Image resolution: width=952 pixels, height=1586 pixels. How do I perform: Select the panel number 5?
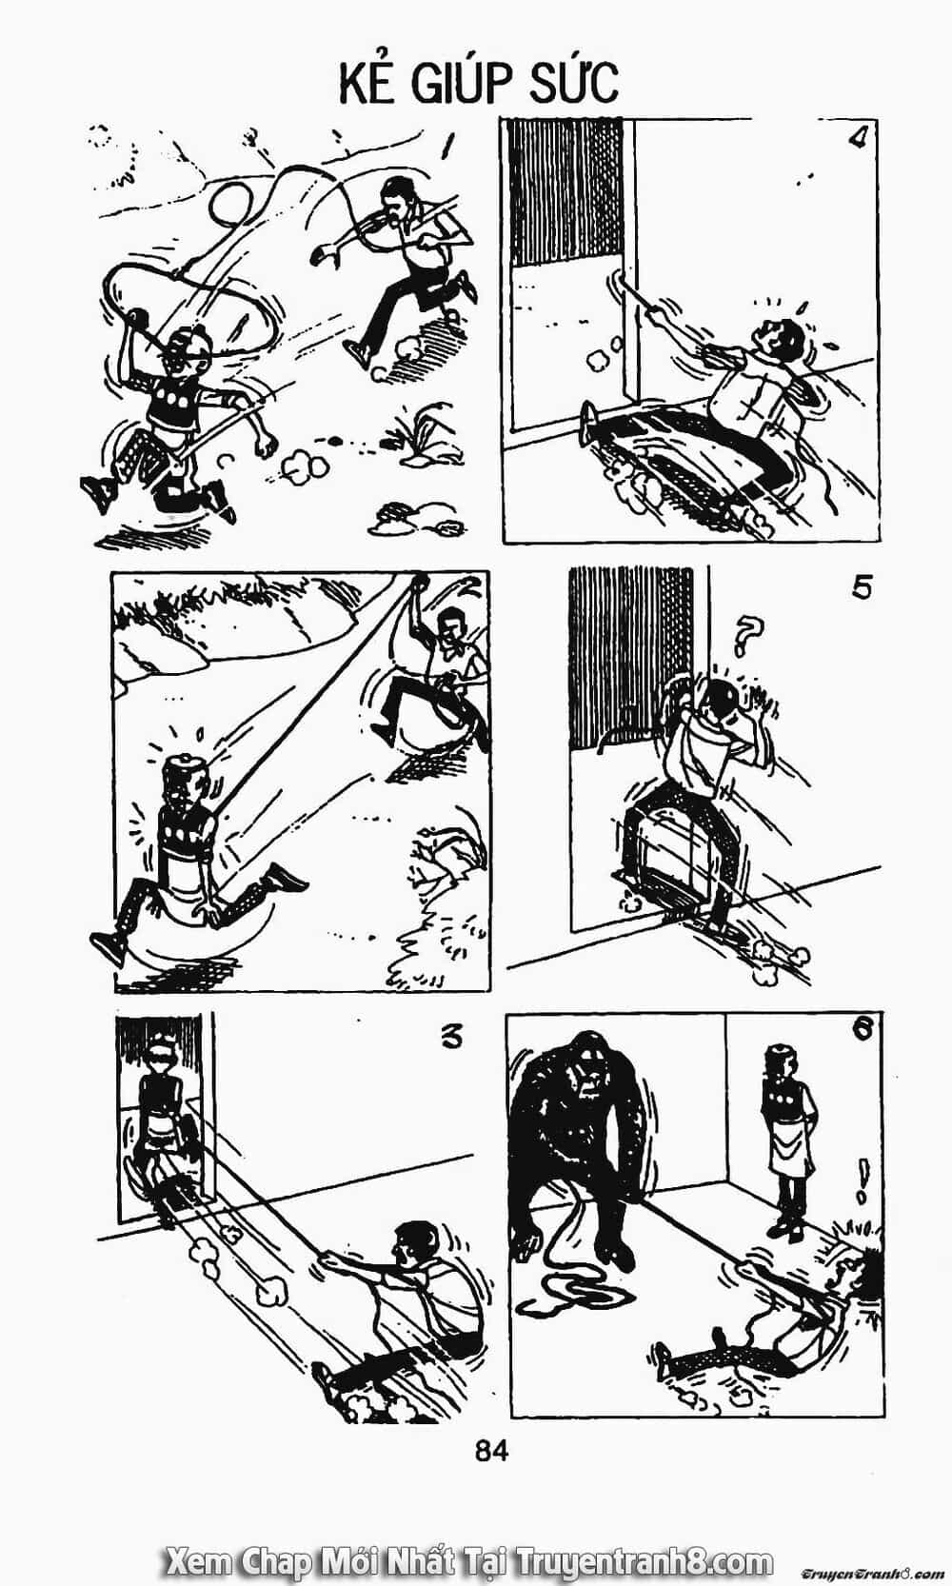[x=862, y=587]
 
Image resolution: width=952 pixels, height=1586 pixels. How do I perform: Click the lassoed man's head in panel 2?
[x=186, y=779]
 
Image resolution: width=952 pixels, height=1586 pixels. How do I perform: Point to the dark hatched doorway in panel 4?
[x=566, y=192]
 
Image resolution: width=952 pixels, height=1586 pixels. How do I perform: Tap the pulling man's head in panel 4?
[x=783, y=339]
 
